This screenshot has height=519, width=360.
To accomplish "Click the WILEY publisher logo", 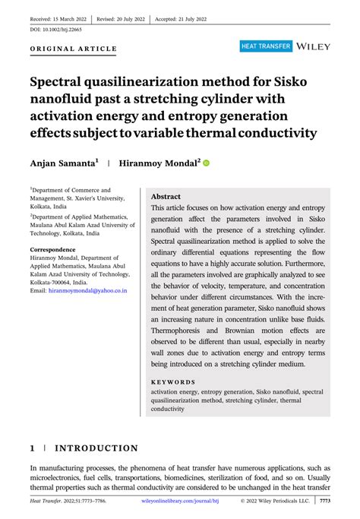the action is pos(313,46).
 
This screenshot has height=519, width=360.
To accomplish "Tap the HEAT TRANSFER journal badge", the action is pos(266,46).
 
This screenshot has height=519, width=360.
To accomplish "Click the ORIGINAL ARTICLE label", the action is pos(74,49).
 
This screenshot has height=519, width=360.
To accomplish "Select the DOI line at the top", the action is pos(56,30).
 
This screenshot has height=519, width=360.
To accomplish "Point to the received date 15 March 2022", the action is pos(58,17).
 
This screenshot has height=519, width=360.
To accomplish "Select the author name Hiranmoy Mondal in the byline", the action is pos(159,163).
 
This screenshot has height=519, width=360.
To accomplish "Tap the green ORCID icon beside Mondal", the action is pos(206,163).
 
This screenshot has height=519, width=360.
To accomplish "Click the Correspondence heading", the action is pos(58,248).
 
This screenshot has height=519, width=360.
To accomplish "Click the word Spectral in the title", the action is pos(60,82).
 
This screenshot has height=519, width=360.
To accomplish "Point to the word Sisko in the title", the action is pos(270,82).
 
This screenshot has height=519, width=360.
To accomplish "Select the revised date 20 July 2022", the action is pos(121,17).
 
